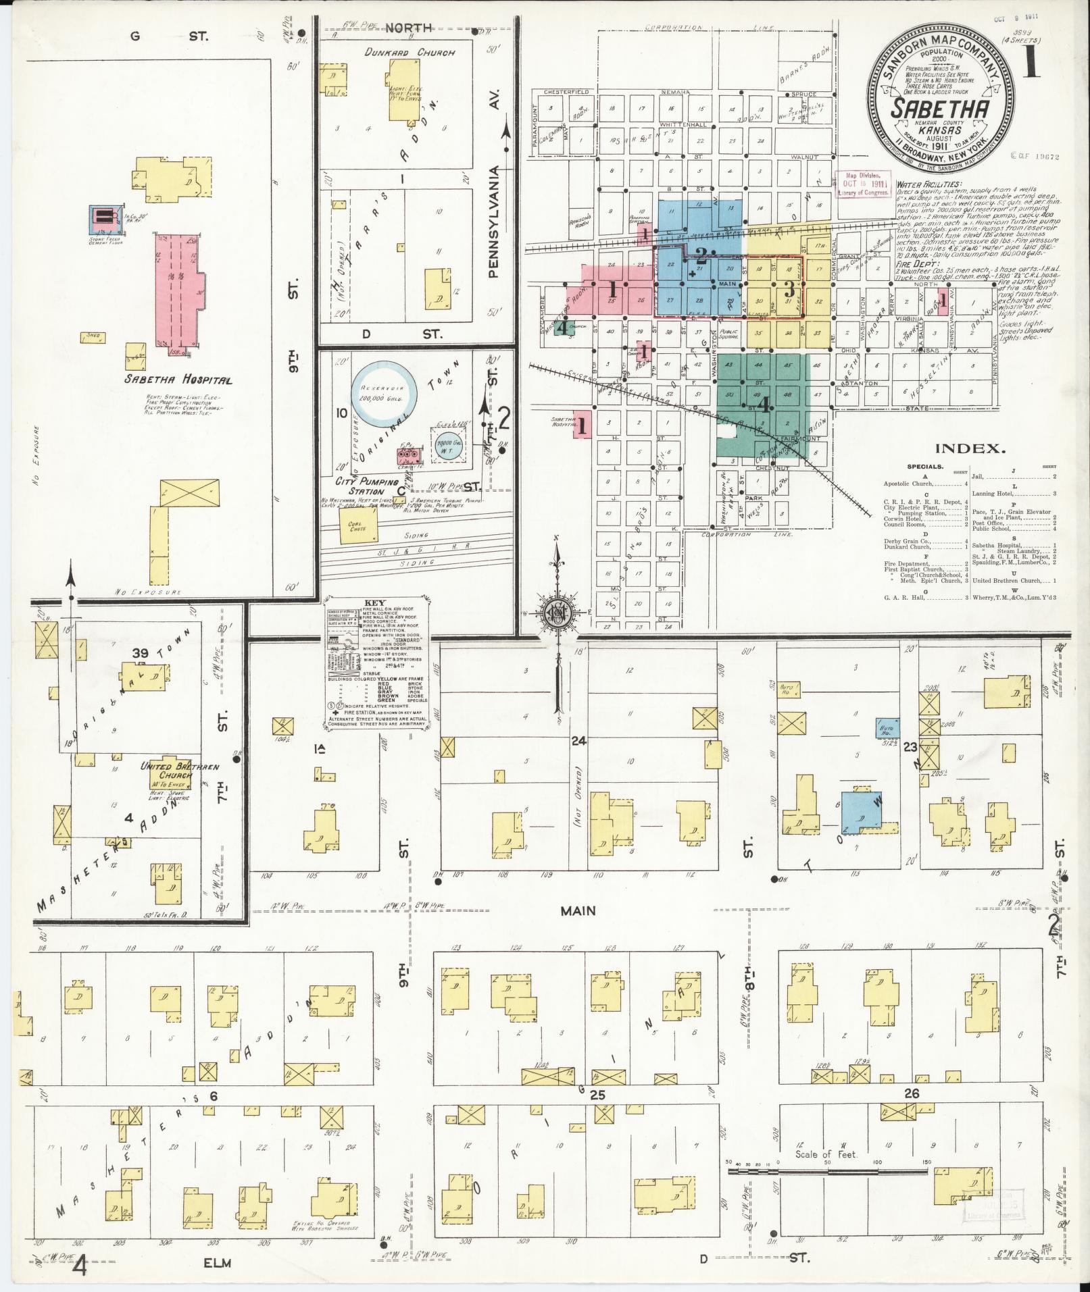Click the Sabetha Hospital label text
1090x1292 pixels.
point(178,380)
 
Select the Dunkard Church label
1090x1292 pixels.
point(419,52)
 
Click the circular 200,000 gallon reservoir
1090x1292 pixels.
point(381,395)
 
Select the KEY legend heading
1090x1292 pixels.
point(374,602)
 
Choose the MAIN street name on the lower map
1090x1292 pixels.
point(578,910)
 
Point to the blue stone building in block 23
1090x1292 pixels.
point(862,810)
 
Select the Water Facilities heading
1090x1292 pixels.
point(928,184)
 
